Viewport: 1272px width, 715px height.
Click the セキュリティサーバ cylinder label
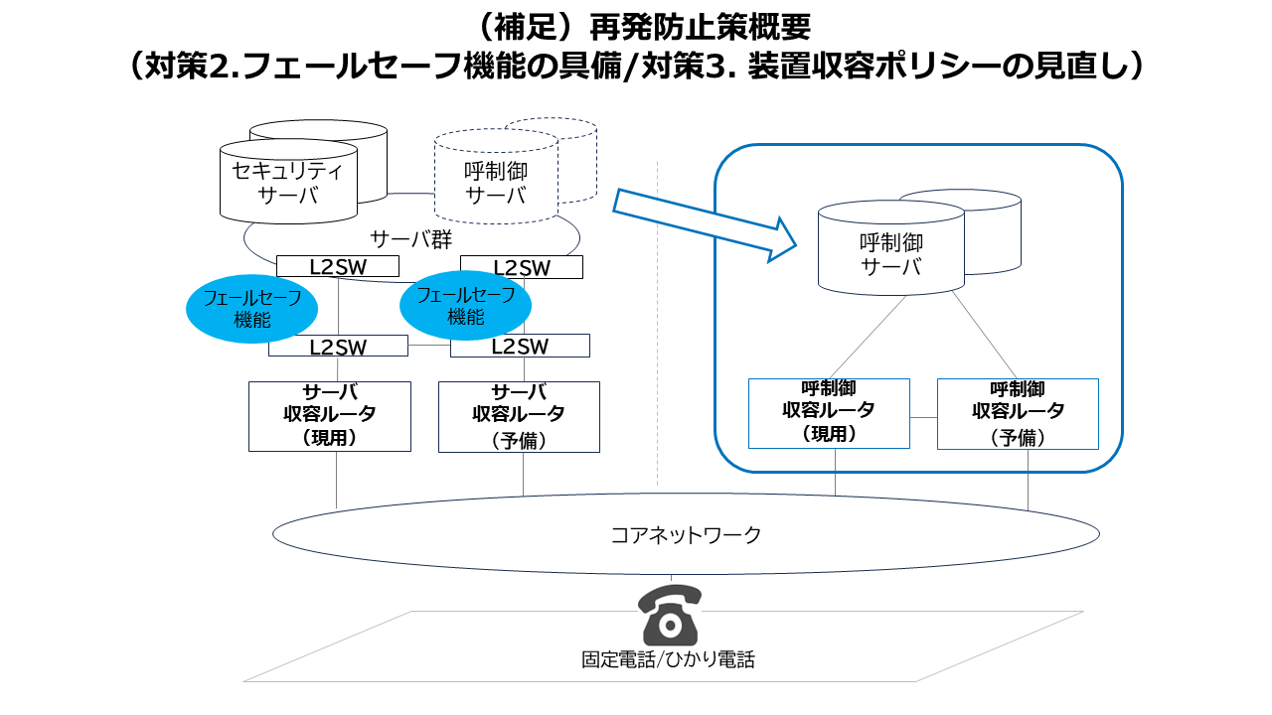click(x=288, y=182)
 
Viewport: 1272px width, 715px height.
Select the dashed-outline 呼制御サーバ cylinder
click(x=496, y=177)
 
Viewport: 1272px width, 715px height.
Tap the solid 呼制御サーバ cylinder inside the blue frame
click(x=891, y=247)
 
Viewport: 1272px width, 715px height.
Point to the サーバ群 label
click(x=411, y=239)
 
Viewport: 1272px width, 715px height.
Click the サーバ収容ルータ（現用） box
click(x=330, y=416)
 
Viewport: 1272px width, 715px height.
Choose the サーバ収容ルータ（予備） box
click(x=519, y=417)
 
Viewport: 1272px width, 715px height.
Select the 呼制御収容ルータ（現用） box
click(x=829, y=414)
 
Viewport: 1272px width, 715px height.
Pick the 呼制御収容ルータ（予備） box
click(x=1019, y=414)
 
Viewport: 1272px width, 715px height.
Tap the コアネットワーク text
click(x=686, y=535)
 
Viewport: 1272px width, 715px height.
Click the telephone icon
click(x=670, y=615)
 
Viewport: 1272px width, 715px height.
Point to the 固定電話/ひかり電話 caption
click(x=668, y=660)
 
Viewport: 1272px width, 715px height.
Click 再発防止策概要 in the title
click(x=701, y=27)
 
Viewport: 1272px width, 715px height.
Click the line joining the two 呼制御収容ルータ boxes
click(x=923, y=418)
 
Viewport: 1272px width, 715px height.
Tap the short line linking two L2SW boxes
click(x=428, y=346)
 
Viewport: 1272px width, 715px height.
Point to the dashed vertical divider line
click(x=658, y=323)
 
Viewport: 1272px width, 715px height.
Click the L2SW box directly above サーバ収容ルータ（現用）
click(x=338, y=346)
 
